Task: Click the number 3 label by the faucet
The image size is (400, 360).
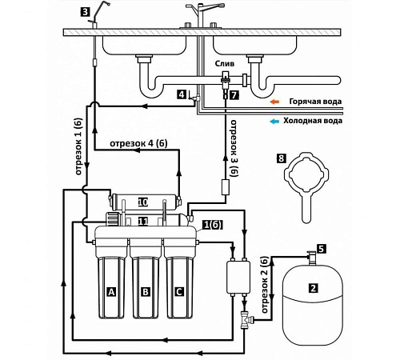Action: click(x=85, y=12)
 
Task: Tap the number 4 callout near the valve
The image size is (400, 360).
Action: click(x=182, y=94)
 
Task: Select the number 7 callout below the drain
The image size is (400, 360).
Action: click(x=234, y=94)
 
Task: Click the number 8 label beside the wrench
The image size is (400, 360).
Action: click(x=281, y=158)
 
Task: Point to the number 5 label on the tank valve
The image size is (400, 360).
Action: click(x=322, y=249)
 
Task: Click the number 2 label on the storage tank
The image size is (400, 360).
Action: click(x=313, y=288)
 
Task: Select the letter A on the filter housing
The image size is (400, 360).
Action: click(x=111, y=292)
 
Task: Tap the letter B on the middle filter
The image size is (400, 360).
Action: click(x=146, y=292)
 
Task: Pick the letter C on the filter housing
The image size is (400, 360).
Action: click(x=179, y=292)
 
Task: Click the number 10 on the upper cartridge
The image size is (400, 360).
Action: click(x=143, y=202)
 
